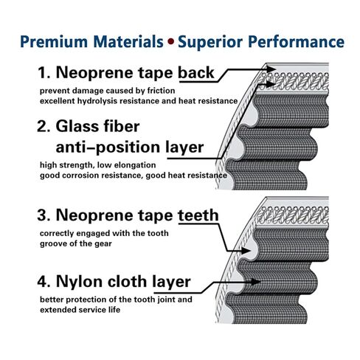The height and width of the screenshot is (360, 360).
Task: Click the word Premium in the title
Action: tap(54, 41)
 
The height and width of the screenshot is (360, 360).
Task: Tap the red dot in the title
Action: tap(170, 41)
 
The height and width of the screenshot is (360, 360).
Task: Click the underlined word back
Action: tap(196, 72)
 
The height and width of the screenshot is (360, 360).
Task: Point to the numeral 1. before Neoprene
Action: tap(44, 73)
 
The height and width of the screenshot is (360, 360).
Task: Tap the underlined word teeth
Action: tap(198, 215)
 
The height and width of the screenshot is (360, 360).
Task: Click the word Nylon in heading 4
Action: tap(80, 282)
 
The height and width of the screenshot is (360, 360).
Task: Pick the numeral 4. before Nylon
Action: tap(44, 281)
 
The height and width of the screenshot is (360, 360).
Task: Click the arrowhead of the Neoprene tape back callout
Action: tap(271, 69)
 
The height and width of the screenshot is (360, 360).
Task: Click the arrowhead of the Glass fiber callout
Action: tap(271, 84)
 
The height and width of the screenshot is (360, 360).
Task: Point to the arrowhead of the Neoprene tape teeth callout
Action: tap(246, 251)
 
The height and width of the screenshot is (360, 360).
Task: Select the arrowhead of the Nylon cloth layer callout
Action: tap(256, 282)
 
